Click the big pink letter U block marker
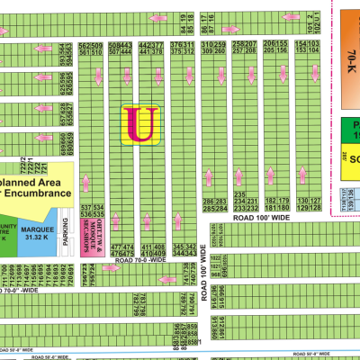coord(140,124)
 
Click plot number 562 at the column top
coord(84,45)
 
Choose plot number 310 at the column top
coord(209,45)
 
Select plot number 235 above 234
coord(239,194)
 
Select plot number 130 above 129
coord(302,201)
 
